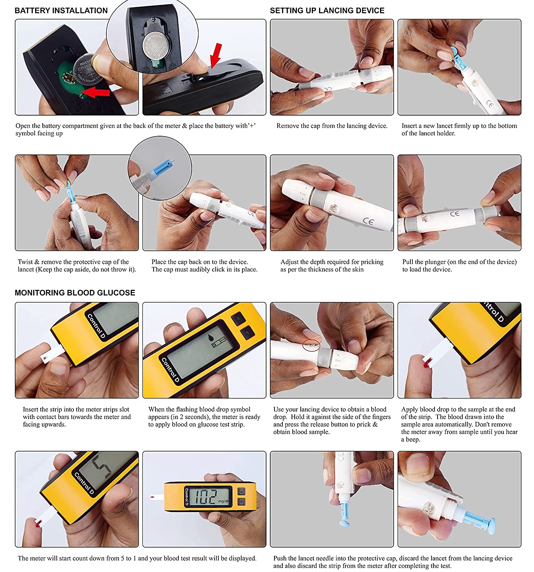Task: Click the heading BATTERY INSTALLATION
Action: tap(61, 11)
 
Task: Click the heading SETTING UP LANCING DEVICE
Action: tap(327, 11)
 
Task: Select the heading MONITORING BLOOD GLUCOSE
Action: tap(75, 292)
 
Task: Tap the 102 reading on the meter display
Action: tap(205, 496)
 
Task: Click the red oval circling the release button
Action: tap(311, 345)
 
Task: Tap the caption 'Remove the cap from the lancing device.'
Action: tap(332, 126)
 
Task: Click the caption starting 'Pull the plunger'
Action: tap(459, 265)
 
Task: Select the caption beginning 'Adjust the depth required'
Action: tap(332, 265)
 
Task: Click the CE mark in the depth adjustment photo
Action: tap(368, 222)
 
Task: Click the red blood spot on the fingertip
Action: tap(426, 365)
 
